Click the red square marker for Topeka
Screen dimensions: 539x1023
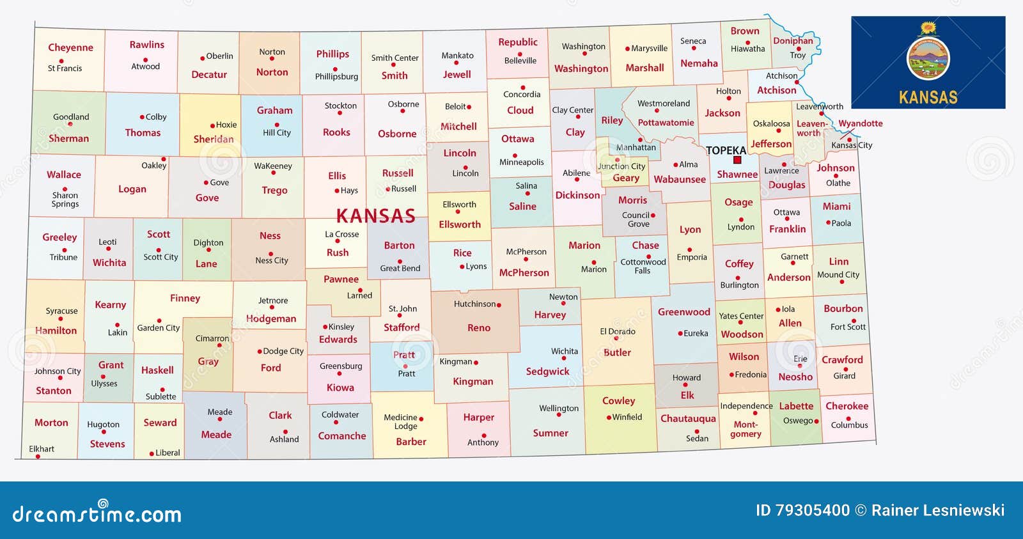coord(737,160)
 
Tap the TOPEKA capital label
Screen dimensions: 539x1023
coord(726,150)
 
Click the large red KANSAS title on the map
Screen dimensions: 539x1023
coord(376,216)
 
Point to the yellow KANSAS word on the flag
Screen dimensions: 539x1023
coord(928,97)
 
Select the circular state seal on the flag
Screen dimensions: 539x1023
coord(928,59)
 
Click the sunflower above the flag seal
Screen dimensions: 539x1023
coord(928,28)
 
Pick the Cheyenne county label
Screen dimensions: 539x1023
coord(70,47)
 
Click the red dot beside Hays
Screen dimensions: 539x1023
coord(337,191)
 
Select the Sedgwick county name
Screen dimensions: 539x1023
coord(547,371)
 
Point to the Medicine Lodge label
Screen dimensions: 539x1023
coord(401,421)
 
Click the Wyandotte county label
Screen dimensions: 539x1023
coord(861,123)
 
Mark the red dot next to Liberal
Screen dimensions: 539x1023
coord(152,453)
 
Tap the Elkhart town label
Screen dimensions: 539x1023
coord(42,449)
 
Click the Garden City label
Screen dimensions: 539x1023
coord(159,328)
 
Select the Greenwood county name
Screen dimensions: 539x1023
coord(684,312)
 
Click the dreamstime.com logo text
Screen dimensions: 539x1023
coord(97,513)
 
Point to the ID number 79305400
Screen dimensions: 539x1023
coord(802,510)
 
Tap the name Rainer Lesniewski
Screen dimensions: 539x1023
coord(938,510)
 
